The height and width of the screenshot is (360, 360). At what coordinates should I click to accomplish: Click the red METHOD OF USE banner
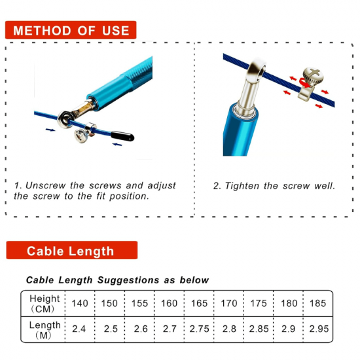71,30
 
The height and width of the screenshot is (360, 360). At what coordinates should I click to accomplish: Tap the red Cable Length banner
72,250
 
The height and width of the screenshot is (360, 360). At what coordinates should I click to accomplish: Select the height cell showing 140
80,304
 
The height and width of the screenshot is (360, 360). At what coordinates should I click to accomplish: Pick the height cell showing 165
199,304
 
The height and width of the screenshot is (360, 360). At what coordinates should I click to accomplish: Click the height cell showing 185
317,304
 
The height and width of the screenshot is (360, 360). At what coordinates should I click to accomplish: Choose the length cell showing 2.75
199,329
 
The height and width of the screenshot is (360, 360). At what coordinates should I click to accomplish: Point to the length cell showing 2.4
79,329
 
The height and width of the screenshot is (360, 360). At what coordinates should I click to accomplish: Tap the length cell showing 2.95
319,329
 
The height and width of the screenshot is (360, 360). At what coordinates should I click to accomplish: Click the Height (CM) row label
45,304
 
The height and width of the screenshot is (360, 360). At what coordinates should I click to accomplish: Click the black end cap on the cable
122,136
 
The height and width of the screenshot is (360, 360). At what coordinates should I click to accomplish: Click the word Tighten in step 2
242,186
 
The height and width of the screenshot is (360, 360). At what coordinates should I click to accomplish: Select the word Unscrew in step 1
45,185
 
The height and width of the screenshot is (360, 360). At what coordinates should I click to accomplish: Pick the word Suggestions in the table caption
128,280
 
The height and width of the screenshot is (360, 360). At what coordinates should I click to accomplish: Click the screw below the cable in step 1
82,136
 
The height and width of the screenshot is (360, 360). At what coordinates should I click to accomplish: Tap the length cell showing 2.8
229,329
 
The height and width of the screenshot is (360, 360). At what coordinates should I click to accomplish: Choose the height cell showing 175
259,304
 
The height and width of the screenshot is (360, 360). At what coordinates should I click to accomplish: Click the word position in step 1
129,196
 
